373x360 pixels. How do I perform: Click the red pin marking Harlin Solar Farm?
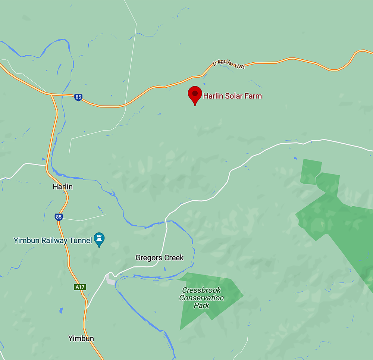(195, 94)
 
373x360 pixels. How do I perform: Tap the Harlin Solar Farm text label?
(232, 96)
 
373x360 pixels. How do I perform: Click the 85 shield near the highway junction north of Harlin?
(78, 97)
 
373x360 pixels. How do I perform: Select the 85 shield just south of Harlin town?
(58, 216)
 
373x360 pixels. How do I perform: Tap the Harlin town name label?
(63, 187)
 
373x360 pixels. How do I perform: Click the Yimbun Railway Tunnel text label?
(53, 240)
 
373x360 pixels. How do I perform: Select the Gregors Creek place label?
(159, 258)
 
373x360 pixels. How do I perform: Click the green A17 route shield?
(80, 287)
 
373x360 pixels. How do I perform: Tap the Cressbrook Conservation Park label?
(201, 298)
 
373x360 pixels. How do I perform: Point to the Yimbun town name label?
(81, 338)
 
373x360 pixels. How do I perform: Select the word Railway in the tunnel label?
(53, 240)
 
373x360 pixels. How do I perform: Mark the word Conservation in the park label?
(201, 298)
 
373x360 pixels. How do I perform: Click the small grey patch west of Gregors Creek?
(110, 279)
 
